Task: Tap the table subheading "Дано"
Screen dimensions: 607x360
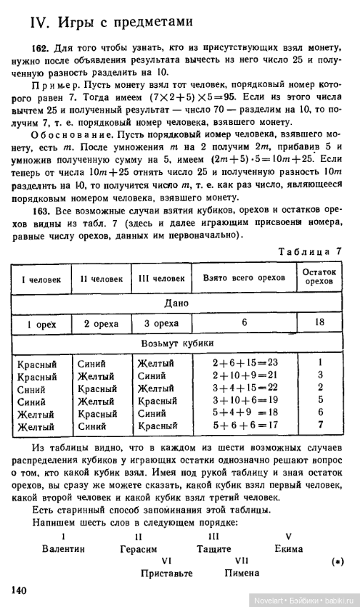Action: click(x=176, y=303)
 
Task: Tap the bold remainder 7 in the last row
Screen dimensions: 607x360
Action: click(x=321, y=426)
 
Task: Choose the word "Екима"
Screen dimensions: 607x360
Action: click(x=289, y=549)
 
